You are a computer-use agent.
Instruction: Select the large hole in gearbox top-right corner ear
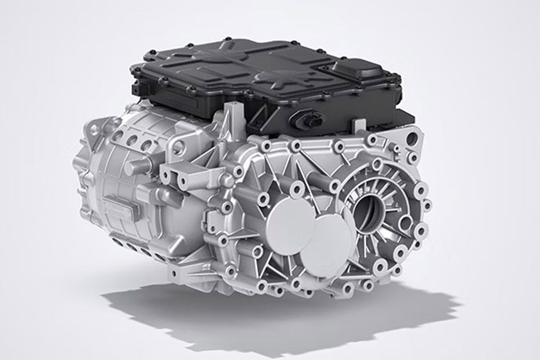pyautogui.click(x=413, y=140)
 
